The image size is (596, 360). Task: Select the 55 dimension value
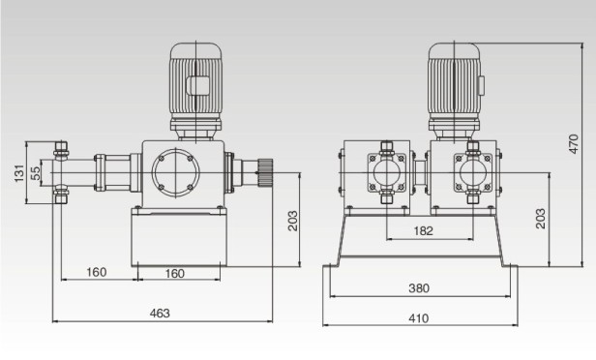[37, 172]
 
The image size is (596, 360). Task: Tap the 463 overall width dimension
[161, 313]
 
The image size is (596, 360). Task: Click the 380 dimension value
[418, 288]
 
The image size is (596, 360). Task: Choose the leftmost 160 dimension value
[97, 273]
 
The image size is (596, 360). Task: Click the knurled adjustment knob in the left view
[266, 173]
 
